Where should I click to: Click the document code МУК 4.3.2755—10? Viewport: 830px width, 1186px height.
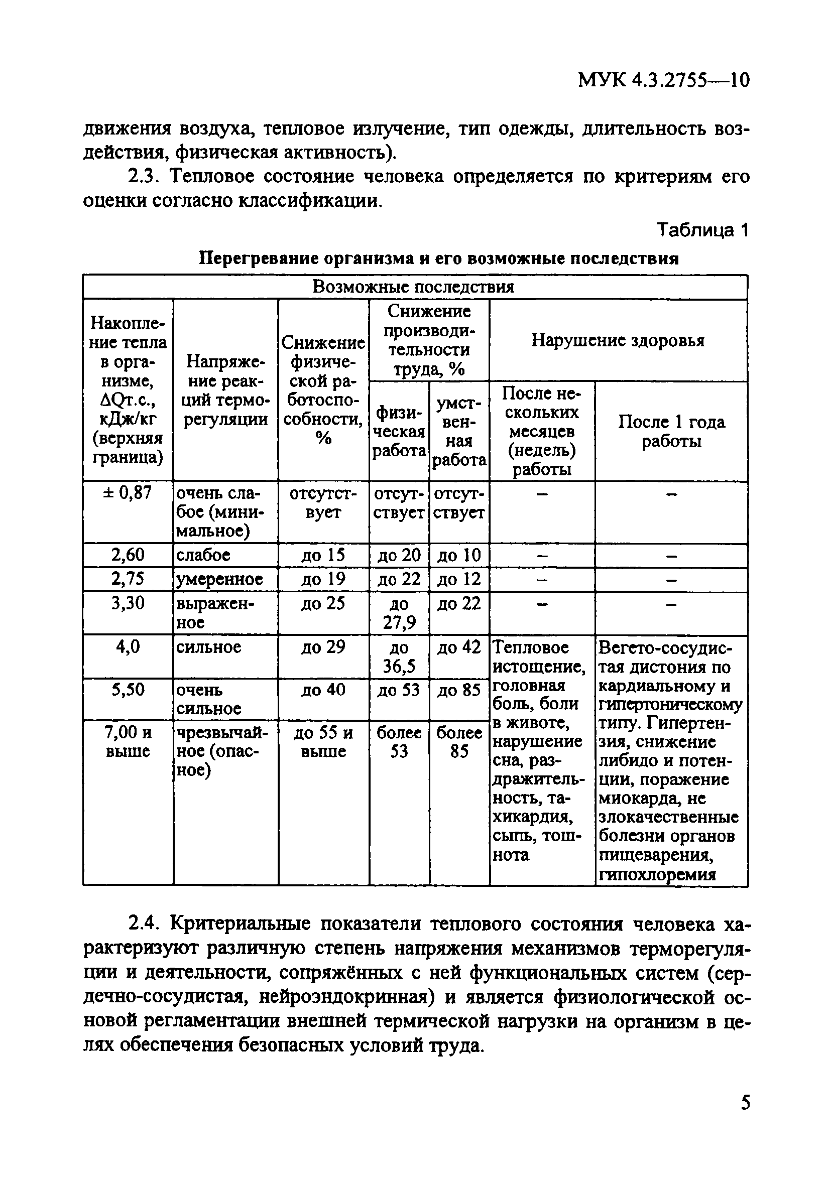pyautogui.click(x=663, y=81)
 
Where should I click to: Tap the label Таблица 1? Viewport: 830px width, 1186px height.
pyautogui.click(x=702, y=229)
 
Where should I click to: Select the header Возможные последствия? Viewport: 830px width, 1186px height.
pyautogui.click(x=413, y=287)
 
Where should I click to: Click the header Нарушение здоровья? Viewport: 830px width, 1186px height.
pyautogui.click(x=618, y=340)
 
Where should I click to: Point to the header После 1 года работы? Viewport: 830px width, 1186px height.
pyautogui.click(x=671, y=431)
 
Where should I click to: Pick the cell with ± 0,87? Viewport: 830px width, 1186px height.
pyautogui.click(x=128, y=493)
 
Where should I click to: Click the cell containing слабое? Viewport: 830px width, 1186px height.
pyautogui.click(x=203, y=555)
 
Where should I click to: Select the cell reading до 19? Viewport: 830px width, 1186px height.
pyautogui.click(x=323, y=579)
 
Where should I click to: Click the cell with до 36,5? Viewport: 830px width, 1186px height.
pyautogui.click(x=399, y=657)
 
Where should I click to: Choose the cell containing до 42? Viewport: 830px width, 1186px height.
pyautogui.click(x=459, y=647)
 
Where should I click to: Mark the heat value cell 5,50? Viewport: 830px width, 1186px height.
pyautogui.click(x=128, y=690)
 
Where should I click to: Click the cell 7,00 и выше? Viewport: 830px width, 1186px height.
pyautogui.click(x=128, y=742)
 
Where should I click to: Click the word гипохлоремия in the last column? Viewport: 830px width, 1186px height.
pyautogui.click(x=657, y=874)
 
